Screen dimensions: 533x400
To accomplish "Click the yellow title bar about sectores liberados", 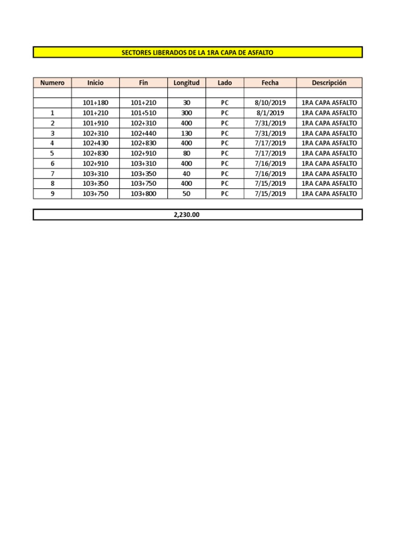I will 197,53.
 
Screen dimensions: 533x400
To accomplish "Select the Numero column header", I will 52,83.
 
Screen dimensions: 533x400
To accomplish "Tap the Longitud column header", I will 186,83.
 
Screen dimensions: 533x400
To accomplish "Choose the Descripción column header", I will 329,83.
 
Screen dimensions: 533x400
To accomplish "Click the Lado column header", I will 224,83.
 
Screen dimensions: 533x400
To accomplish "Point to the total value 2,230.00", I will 186,214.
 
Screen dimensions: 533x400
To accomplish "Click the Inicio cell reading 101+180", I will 95,103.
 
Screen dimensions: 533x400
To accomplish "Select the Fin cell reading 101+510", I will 143,113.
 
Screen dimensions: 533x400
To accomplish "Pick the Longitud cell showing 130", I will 186,133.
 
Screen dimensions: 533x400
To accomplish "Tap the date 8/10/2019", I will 270,103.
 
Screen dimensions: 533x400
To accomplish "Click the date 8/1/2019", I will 270,113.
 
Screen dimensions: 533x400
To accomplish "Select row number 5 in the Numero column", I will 52,154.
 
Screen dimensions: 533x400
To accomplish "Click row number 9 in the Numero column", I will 52,194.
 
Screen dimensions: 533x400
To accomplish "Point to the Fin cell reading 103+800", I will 143,194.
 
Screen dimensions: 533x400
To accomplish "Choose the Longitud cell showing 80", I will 186,154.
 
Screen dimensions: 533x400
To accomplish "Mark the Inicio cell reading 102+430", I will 95,143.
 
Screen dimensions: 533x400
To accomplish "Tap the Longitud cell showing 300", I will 186,113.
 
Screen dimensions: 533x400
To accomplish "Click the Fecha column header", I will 270,83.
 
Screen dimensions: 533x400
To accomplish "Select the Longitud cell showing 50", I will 186,194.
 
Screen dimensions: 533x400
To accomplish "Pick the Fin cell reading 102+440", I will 143,133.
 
